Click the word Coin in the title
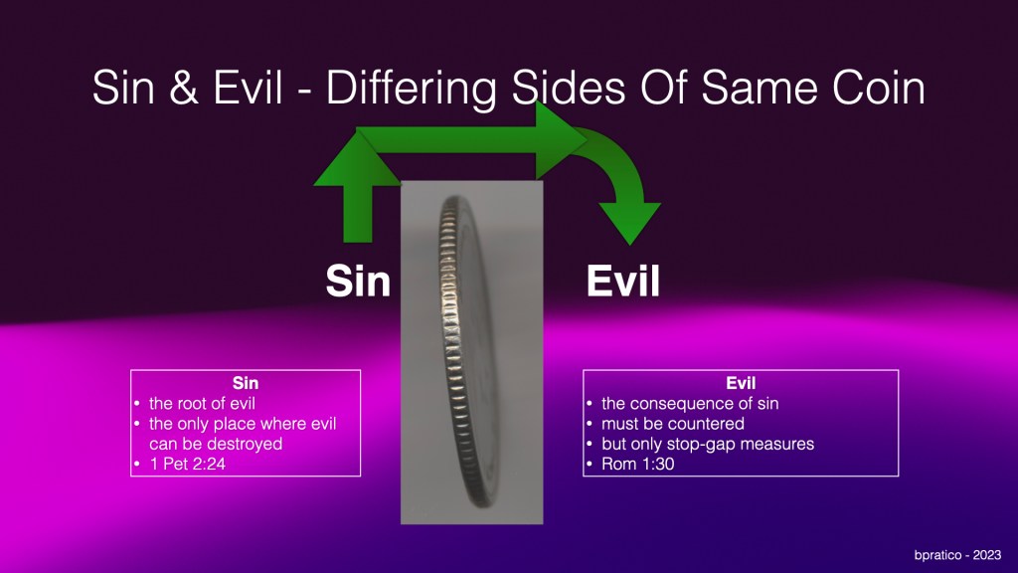click(x=879, y=88)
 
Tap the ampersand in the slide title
click(x=184, y=88)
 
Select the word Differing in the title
click(x=411, y=89)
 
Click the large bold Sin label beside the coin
click(x=358, y=281)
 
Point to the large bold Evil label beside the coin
click(x=622, y=281)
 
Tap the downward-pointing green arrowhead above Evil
click(x=629, y=222)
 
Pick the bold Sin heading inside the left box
click(x=246, y=383)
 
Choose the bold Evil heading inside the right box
click(x=741, y=383)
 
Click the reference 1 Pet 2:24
click(x=187, y=464)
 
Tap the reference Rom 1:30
click(x=637, y=464)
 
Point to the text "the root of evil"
click(x=202, y=404)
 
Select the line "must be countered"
click(x=673, y=424)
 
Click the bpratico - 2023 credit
click(x=957, y=555)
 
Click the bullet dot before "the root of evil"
click(x=137, y=404)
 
